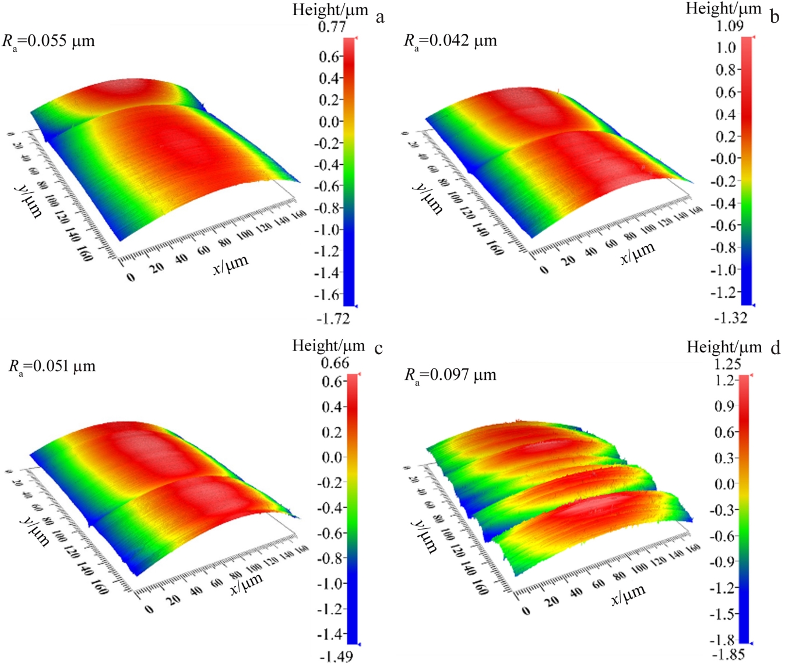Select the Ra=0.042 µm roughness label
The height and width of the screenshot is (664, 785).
pos(450,41)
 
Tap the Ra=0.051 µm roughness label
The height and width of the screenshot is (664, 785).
pos(52,367)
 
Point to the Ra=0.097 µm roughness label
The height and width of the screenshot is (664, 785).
pos(450,375)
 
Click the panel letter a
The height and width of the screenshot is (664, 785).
pos(380,17)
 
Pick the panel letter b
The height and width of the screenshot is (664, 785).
pos(774,16)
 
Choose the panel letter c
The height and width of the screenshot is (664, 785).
pos(379,348)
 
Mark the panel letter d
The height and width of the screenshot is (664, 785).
pos(775,348)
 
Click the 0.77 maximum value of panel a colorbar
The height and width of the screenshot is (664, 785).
pos(332,27)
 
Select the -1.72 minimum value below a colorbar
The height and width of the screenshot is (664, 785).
pos(333,319)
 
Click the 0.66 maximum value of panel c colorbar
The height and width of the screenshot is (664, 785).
pos(335,363)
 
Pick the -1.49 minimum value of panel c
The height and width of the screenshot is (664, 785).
pos(336,656)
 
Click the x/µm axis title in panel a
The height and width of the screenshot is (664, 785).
pos(231,264)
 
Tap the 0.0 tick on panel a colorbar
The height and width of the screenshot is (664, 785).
pos(330,122)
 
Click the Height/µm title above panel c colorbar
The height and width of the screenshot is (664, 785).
pos(328,346)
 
